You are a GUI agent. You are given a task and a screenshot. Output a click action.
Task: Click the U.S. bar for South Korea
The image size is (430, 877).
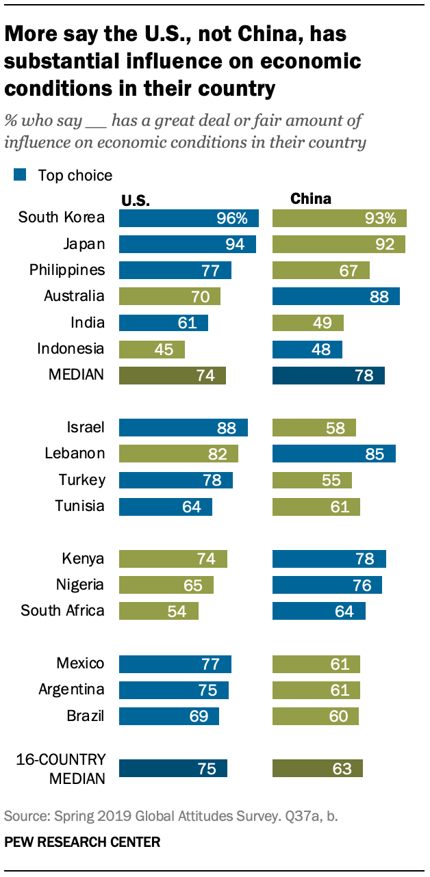click(x=188, y=218)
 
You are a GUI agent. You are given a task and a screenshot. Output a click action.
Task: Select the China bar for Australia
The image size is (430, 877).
click(x=336, y=296)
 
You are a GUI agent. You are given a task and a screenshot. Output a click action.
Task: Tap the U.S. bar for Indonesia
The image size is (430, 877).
click(x=151, y=349)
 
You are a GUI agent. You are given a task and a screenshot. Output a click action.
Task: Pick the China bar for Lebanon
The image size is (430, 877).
click(x=333, y=454)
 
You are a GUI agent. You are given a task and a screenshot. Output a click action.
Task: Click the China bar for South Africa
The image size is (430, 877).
click(x=318, y=611)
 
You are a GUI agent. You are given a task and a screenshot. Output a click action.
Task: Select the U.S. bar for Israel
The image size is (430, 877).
click(x=183, y=428)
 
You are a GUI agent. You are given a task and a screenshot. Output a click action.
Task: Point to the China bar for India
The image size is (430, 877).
click(x=307, y=323)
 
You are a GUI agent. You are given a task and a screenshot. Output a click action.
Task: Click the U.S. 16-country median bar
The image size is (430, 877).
click(x=173, y=768)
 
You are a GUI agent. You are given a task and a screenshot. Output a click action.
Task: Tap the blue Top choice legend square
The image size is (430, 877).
click(x=21, y=175)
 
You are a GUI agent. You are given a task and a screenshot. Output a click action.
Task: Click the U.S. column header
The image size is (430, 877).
click(x=136, y=200)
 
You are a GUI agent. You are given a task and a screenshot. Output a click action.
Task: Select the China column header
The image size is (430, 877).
click(x=311, y=198)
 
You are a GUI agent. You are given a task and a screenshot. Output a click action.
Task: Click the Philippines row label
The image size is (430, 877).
click(x=67, y=270)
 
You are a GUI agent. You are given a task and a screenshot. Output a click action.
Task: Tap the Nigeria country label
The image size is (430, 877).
click(x=80, y=585)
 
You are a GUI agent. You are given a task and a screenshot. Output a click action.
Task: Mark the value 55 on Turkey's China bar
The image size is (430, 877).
click(x=331, y=480)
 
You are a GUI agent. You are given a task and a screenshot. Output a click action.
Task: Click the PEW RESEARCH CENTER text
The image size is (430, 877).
click(x=82, y=842)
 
